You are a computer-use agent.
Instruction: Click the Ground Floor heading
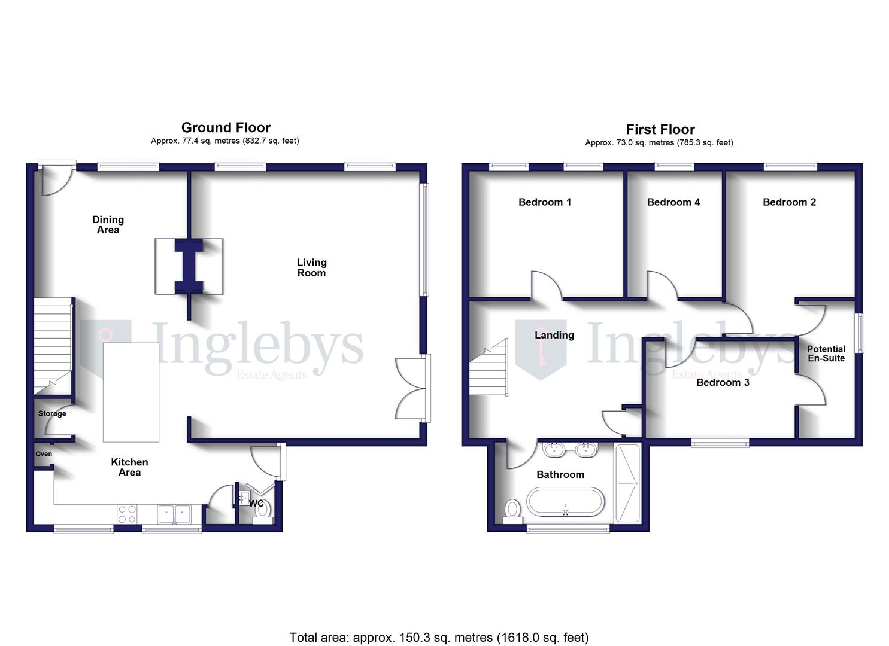226,127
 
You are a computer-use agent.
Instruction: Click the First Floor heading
660,129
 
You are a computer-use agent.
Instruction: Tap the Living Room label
311,267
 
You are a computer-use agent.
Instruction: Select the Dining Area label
108,224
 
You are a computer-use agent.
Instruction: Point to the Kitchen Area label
129,467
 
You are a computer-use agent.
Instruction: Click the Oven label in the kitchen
44,454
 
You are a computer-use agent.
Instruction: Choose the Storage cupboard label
52,413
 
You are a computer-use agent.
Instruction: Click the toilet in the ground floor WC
263,510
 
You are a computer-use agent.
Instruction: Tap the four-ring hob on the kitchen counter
127,514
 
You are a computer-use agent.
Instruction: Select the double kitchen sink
174,514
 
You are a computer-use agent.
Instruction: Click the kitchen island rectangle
131,392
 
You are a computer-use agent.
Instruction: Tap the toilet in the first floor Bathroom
512,510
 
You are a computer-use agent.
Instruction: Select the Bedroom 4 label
673,202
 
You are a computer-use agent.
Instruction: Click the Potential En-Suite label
826,354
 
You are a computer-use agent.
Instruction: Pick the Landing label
554,335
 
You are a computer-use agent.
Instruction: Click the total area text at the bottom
439,638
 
